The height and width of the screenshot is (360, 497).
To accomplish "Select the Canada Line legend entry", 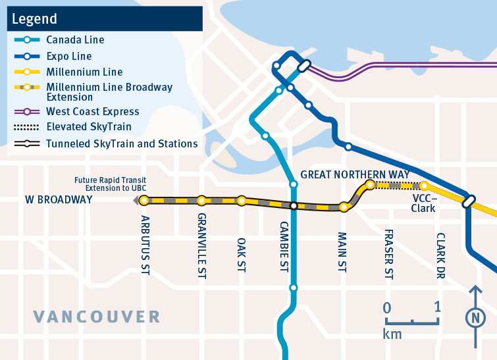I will click(75, 40).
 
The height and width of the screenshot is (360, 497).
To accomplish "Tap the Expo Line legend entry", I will click(68, 57).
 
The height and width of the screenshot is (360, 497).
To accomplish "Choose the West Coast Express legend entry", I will click(92, 112).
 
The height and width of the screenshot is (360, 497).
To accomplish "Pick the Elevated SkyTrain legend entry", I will click(88, 127).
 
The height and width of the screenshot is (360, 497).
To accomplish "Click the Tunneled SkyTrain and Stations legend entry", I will click(121, 143).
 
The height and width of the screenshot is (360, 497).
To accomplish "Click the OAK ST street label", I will click(242, 232).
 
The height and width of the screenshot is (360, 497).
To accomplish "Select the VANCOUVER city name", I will click(97, 317).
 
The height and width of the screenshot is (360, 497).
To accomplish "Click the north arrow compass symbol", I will click(474, 317).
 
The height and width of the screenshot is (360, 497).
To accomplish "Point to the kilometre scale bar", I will click(412, 321).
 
